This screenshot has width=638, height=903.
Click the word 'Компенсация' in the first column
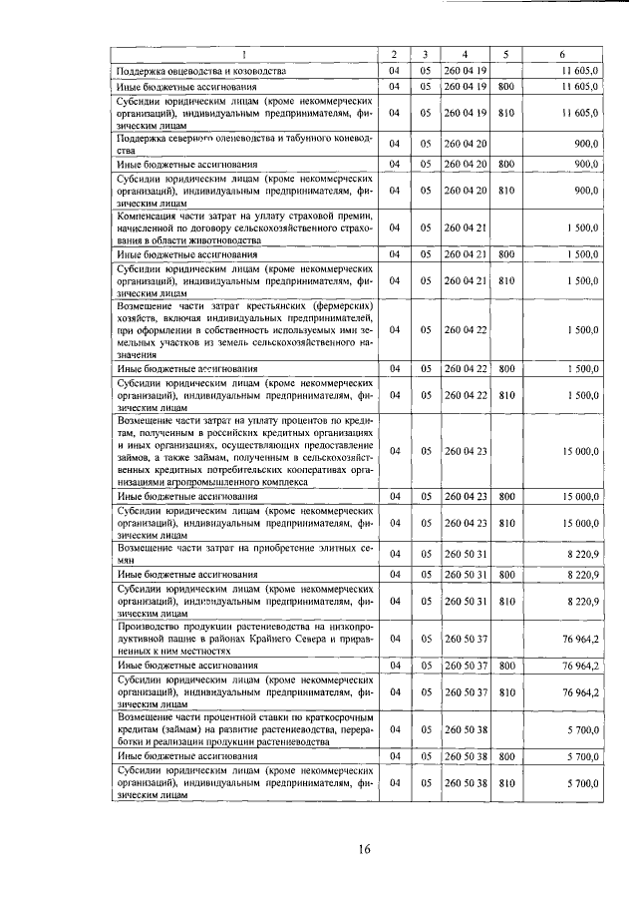point(155,216)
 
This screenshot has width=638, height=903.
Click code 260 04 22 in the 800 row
point(466,369)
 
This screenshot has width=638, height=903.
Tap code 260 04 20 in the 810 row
point(466,190)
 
